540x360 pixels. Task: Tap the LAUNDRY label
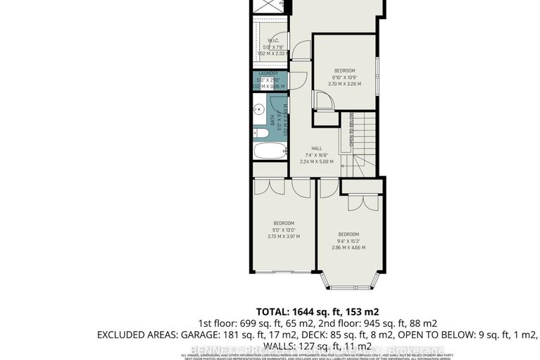coord(268,73)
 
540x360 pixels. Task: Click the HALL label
coord(316,148)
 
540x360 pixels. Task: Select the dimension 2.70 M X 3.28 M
coord(344,83)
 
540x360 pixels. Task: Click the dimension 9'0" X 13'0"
coord(283,229)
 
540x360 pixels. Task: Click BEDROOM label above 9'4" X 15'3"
coord(349,234)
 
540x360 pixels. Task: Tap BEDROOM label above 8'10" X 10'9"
coord(344,70)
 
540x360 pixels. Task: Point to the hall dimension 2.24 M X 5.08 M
coord(316,161)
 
